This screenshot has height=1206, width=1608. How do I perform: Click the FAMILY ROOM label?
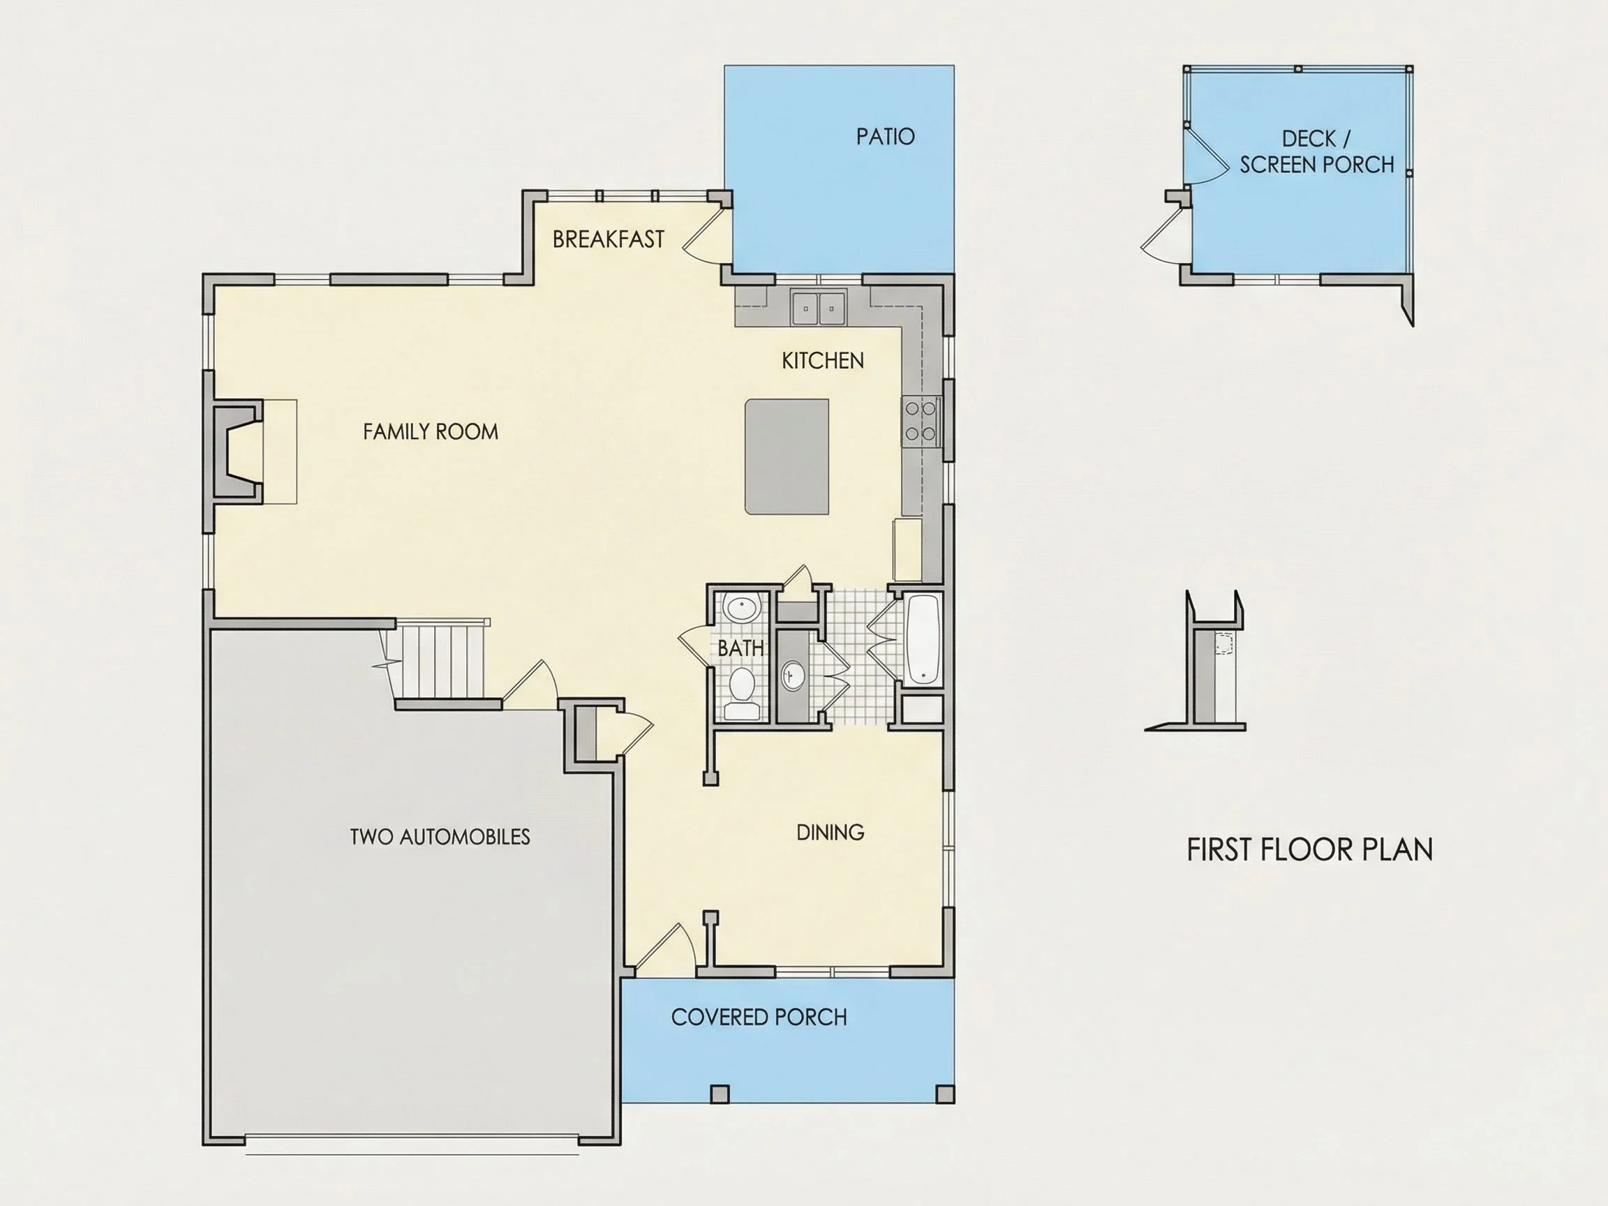[431, 432]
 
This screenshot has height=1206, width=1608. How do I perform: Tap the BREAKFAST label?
[609, 239]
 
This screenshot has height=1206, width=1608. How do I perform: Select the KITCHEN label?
[823, 361]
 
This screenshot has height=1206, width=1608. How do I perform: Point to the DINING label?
[830, 833]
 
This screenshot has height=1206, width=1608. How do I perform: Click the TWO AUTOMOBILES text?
[440, 837]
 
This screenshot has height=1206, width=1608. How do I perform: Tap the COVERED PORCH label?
[759, 1017]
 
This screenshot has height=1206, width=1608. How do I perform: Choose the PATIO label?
[886, 137]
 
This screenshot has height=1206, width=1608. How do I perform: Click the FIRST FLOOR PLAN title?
[1309, 850]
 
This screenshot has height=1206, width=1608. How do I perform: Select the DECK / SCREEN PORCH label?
[1316, 152]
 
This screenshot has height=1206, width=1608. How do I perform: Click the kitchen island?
[787, 456]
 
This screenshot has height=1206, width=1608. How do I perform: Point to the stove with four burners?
[921, 421]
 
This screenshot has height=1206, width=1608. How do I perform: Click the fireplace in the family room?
[237, 451]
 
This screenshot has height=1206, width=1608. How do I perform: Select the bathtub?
[923, 640]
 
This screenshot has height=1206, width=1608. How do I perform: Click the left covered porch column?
[720, 1094]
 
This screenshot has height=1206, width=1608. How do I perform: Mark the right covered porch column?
[945, 1094]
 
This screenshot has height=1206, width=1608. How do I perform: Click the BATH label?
[740, 648]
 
